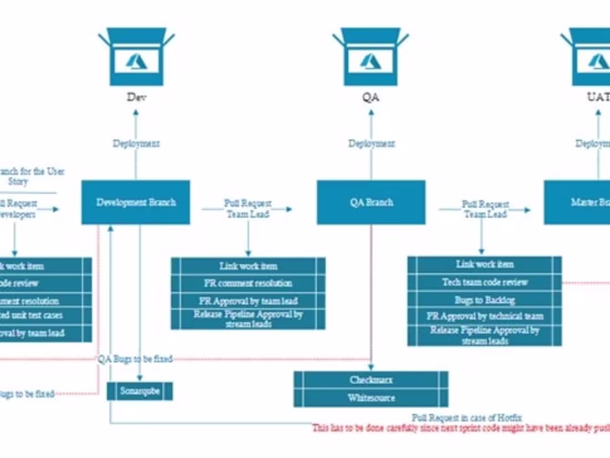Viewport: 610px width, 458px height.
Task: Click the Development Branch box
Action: point(136,202)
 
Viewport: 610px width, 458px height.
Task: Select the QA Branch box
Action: point(371,202)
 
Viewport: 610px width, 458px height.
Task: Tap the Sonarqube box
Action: point(140,391)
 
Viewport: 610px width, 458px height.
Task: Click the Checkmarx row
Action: point(371,380)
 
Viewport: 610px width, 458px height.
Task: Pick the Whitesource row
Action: point(371,398)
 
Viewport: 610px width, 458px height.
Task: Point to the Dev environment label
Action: point(136,98)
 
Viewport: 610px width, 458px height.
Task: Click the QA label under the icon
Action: point(371,98)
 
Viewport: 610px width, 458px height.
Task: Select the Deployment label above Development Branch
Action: point(136,144)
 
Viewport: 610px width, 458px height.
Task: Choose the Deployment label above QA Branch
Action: point(372,144)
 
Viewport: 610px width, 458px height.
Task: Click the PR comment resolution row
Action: point(248,283)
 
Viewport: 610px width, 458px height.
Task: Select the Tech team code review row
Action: point(485,282)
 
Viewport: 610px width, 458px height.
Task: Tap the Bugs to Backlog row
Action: point(485,300)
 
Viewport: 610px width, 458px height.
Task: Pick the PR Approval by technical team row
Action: point(485,317)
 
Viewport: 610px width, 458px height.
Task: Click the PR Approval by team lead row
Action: point(248,301)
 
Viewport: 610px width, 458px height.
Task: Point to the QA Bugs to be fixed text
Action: point(135,359)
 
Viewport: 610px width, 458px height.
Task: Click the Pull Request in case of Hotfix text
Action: point(466,418)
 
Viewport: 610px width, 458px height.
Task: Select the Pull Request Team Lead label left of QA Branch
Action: point(247,208)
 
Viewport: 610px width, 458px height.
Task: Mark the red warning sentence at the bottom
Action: point(460,428)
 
